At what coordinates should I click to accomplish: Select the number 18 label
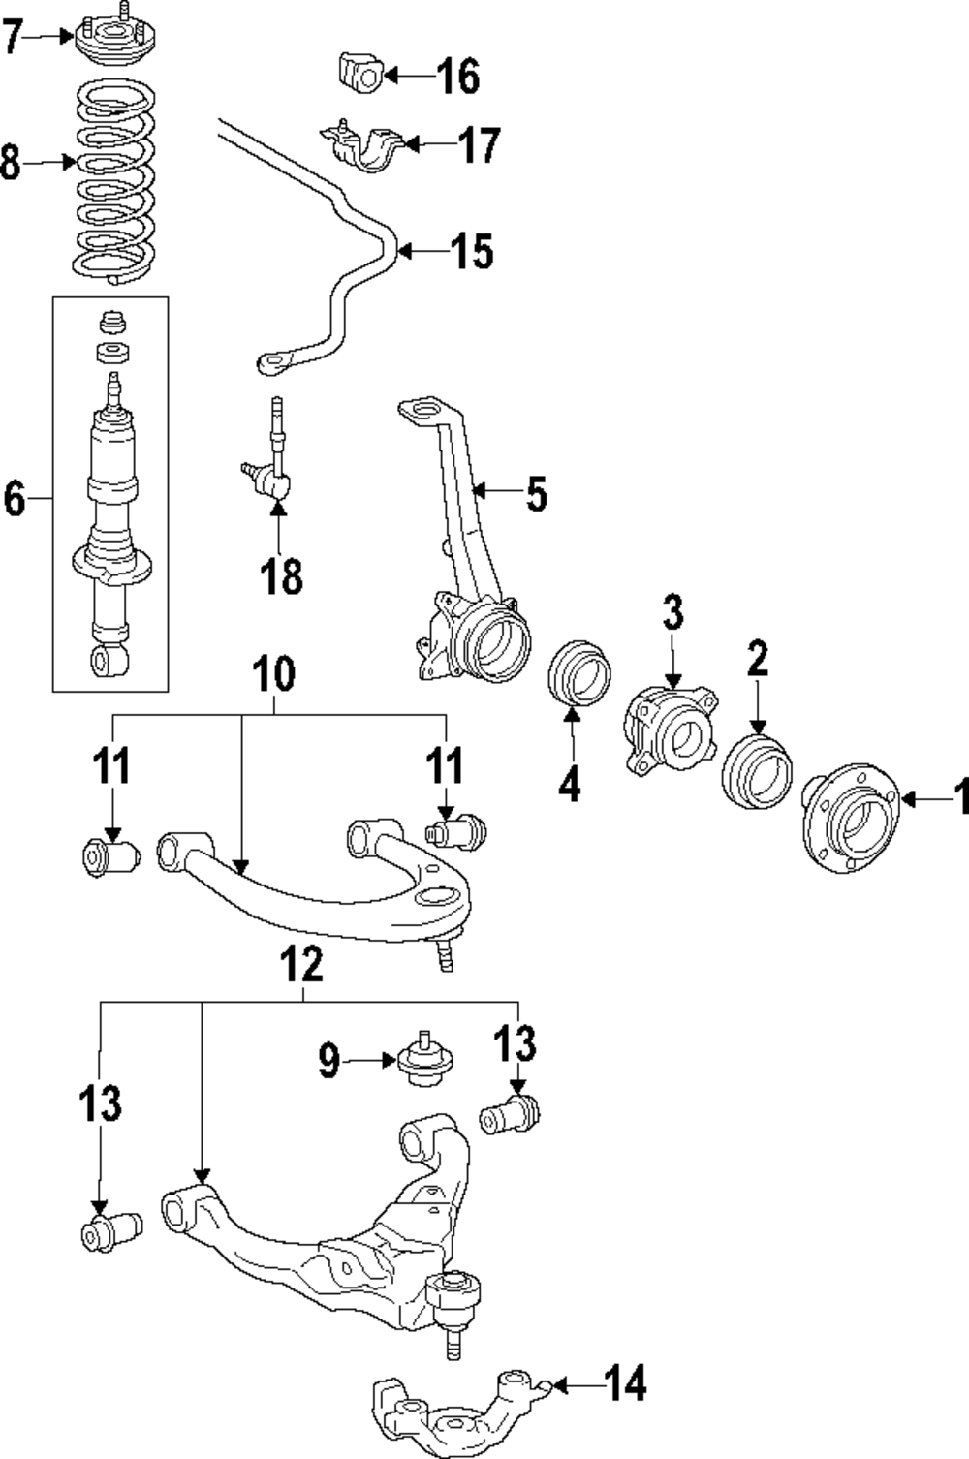281,576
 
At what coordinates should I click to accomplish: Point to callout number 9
329,1062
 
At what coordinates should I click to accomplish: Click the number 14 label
626,1384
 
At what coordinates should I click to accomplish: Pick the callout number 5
536,494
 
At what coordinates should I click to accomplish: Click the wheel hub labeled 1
845,817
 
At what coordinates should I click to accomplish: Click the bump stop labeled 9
422,1063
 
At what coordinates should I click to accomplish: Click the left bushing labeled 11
109,854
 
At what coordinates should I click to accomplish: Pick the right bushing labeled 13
510,1114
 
